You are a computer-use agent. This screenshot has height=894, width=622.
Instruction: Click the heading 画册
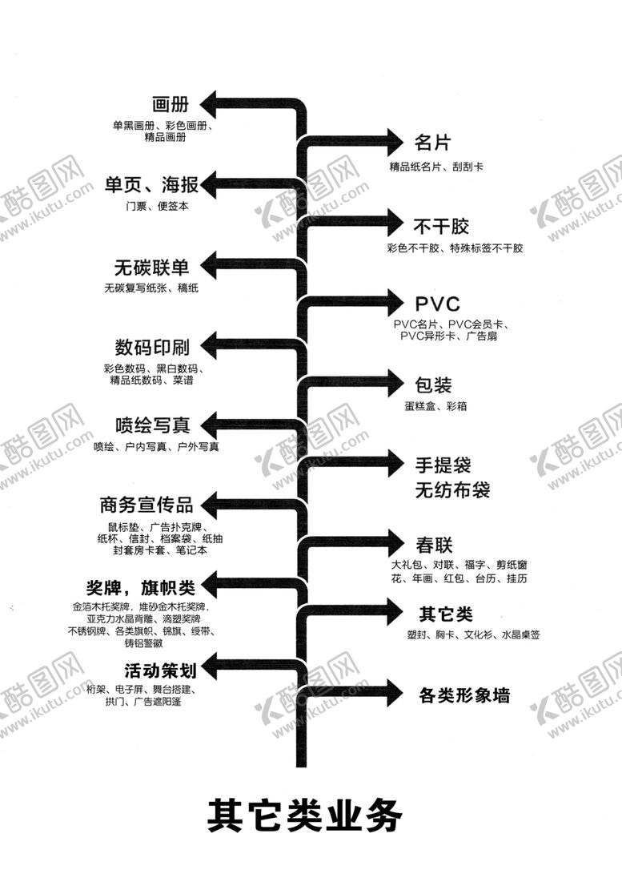click(170, 104)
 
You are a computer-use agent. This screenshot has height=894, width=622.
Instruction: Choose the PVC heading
click(438, 304)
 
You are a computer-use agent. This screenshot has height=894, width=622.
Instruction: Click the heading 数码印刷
click(152, 348)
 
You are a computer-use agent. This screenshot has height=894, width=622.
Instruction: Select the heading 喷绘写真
click(152, 425)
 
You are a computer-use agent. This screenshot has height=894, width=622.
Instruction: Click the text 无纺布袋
click(452, 489)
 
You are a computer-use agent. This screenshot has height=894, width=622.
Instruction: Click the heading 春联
click(435, 546)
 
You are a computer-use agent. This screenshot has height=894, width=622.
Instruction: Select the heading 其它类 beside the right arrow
click(446, 614)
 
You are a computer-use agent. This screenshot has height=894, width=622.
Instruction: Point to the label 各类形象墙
click(464, 695)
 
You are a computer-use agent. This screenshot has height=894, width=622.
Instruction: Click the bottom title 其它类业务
click(303, 815)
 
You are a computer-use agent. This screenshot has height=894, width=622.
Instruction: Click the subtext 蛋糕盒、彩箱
click(436, 407)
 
